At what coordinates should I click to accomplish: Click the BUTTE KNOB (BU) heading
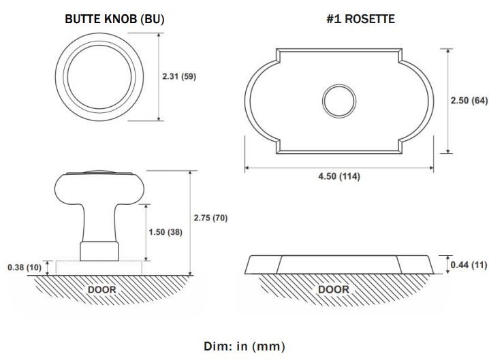point(114,19)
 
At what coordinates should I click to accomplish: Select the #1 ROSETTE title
point(360,19)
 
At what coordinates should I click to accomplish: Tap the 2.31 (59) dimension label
point(179,76)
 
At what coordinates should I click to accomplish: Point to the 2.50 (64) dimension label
point(469,100)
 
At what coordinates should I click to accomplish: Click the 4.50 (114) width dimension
point(339,176)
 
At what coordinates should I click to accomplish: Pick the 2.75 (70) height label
point(210,218)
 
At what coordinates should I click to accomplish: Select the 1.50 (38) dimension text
point(165,232)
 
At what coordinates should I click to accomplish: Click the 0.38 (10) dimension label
point(25,267)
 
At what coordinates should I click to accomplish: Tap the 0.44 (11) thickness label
point(469,265)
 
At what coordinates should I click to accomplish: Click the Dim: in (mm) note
point(245,346)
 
